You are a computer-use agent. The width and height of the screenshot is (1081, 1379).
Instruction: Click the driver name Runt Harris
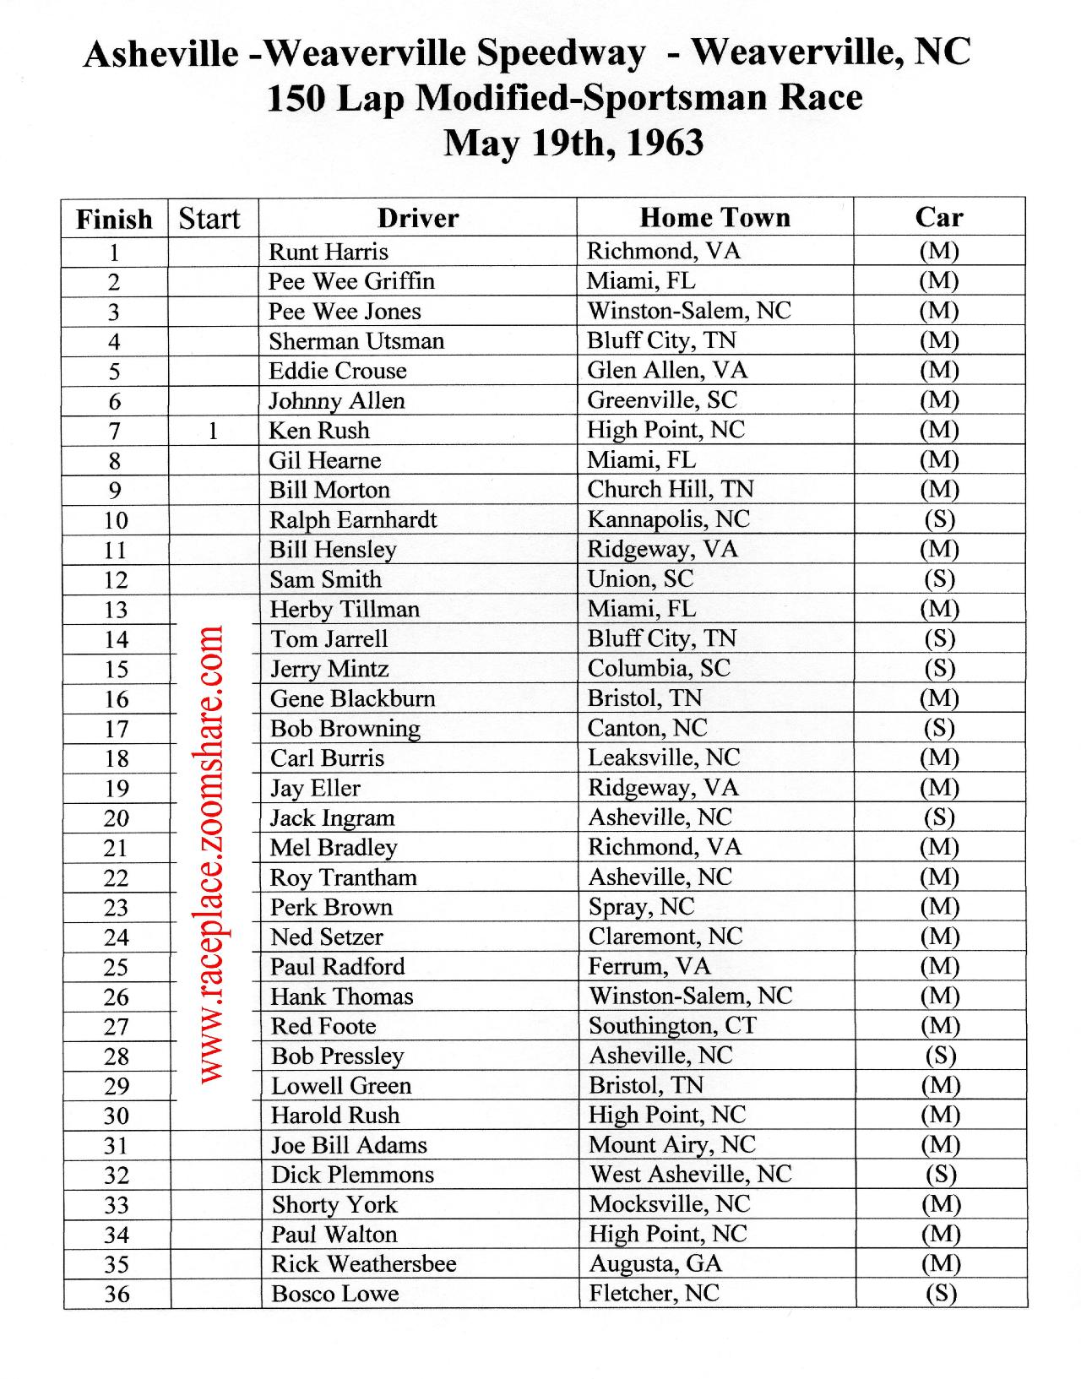(x=329, y=252)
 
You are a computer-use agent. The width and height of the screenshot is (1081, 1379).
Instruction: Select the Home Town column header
(x=714, y=218)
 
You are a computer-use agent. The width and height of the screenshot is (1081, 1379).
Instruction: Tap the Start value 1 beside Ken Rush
(x=213, y=432)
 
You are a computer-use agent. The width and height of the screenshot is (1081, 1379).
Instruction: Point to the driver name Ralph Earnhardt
(x=353, y=520)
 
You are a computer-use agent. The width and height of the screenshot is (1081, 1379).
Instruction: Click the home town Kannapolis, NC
(x=668, y=519)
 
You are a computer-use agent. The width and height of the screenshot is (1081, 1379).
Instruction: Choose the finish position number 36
(x=117, y=1294)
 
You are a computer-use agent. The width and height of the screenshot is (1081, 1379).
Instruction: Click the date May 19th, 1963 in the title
(x=573, y=143)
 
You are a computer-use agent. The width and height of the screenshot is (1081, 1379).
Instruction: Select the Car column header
(x=939, y=218)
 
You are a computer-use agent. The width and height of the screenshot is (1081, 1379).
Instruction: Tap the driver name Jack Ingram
(x=332, y=818)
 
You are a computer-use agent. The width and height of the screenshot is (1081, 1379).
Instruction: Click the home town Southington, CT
(x=672, y=1026)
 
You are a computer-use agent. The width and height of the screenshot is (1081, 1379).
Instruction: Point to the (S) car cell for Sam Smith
(x=939, y=579)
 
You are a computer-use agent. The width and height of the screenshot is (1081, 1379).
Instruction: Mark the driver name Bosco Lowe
(x=334, y=1294)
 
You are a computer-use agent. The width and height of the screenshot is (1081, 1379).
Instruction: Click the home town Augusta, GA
(x=655, y=1264)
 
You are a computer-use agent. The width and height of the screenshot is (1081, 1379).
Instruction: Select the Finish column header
(x=114, y=220)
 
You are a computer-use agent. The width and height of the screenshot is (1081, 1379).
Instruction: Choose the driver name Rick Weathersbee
(x=363, y=1264)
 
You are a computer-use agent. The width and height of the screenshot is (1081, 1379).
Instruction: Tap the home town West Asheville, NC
(x=690, y=1175)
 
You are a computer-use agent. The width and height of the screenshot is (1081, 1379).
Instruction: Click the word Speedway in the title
(x=561, y=54)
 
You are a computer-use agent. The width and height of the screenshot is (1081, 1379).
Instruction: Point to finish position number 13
(x=116, y=610)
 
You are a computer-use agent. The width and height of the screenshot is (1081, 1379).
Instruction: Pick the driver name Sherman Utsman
(x=356, y=341)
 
